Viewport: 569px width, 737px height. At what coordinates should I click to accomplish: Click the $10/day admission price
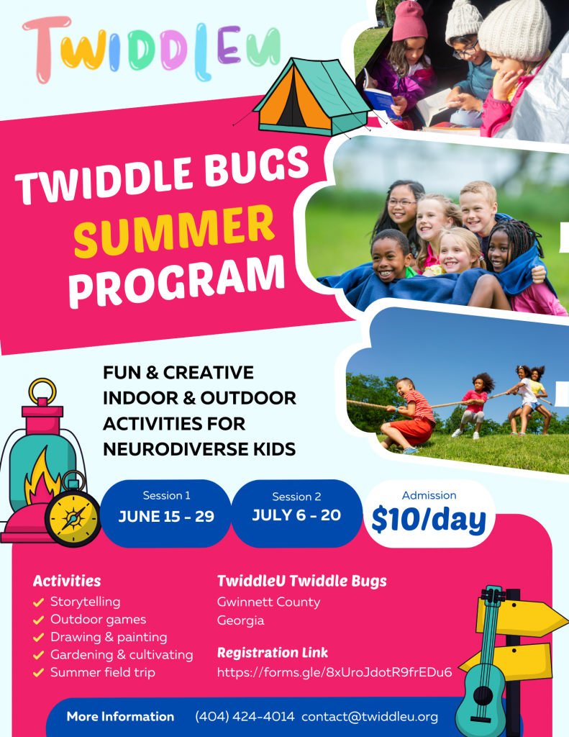[429, 520]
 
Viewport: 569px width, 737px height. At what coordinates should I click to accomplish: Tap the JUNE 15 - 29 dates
[166, 517]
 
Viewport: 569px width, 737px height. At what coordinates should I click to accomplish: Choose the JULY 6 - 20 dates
[296, 515]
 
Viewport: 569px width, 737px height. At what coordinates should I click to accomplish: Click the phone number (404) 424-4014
[245, 717]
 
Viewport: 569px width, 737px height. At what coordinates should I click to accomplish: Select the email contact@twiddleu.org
[370, 717]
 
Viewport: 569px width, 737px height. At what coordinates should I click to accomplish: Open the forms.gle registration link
[334, 672]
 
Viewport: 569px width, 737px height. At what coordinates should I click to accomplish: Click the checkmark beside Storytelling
[39, 602]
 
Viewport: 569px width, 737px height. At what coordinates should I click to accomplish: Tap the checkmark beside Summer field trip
[39, 673]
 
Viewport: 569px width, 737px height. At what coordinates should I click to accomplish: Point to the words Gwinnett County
[268, 602]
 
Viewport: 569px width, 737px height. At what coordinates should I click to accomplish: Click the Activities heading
[67, 581]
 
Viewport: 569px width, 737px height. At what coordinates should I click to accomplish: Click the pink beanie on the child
[410, 21]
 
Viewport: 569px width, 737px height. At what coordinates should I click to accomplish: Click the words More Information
[120, 717]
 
